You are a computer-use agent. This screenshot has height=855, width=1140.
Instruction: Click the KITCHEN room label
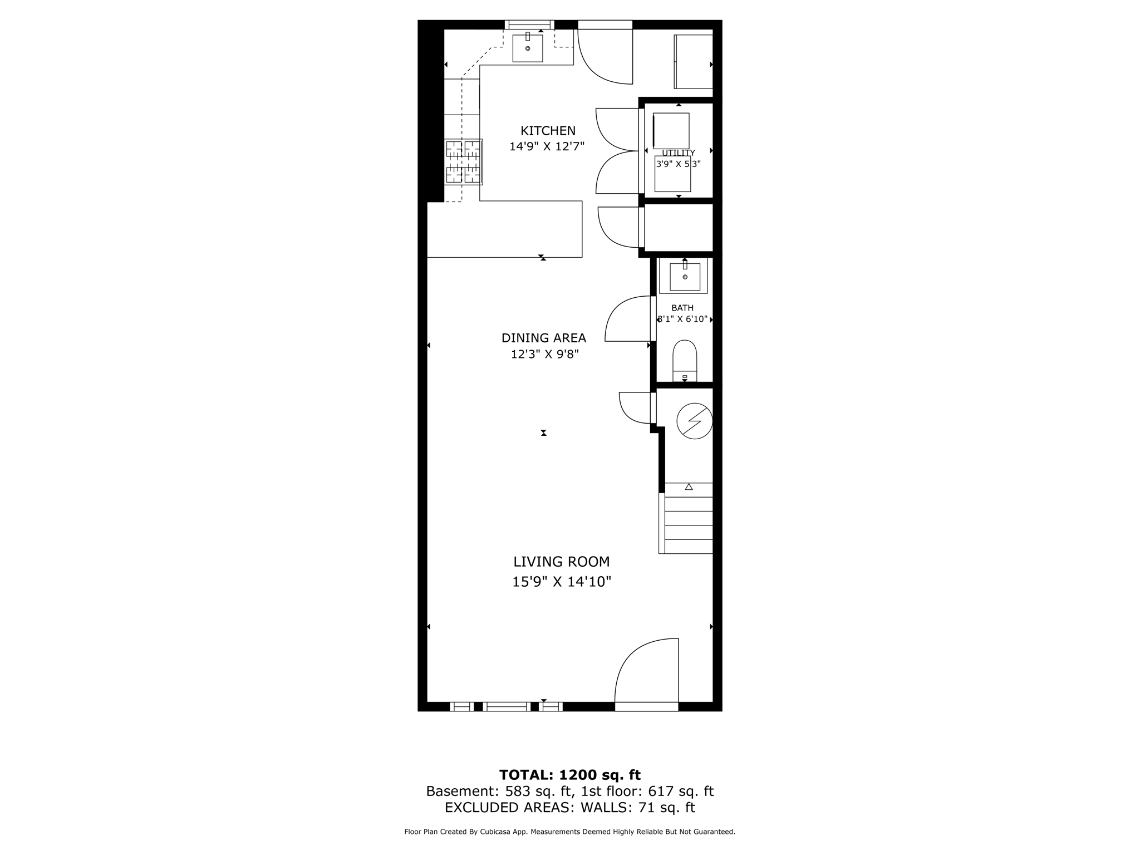[x=548, y=131]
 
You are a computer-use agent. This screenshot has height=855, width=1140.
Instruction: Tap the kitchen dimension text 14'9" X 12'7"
[x=547, y=146]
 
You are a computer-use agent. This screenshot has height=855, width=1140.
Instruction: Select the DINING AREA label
[x=543, y=338]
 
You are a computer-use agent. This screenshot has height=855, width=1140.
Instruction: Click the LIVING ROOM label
[x=561, y=562]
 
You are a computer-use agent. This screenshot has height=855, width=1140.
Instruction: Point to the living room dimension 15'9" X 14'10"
[x=561, y=582]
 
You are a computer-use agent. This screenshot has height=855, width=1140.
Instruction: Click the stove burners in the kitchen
[x=463, y=162]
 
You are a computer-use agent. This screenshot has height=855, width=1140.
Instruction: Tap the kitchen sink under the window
[x=527, y=48]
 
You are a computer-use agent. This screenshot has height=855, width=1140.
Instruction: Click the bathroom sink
[x=685, y=277]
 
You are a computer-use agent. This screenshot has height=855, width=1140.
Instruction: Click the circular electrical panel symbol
[x=694, y=421]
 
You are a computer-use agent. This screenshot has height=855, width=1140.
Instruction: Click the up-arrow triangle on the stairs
[x=689, y=487]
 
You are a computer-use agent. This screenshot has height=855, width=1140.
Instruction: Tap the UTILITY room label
[x=678, y=153]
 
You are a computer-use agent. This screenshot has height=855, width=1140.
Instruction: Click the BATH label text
[x=682, y=308]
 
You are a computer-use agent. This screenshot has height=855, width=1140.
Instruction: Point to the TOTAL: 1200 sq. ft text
[x=569, y=775]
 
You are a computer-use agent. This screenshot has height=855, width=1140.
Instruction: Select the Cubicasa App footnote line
[x=569, y=832]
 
